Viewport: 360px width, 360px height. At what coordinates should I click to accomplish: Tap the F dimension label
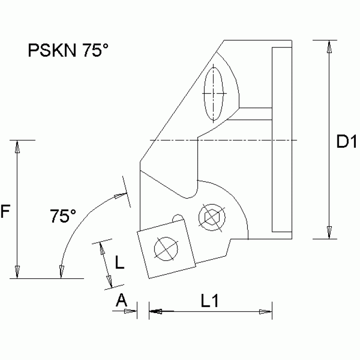[5, 212]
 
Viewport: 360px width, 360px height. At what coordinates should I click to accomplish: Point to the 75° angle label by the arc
[63, 216]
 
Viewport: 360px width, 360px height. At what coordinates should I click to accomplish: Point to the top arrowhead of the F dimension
[17, 146]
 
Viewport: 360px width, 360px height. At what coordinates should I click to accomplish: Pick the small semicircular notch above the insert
[177, 218]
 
